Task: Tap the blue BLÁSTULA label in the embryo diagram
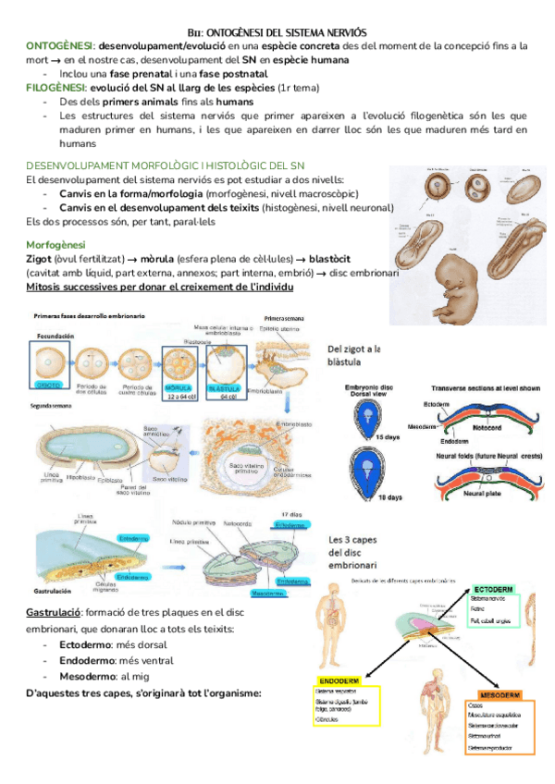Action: click(225, 387)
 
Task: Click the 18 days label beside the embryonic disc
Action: click(388, 496)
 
